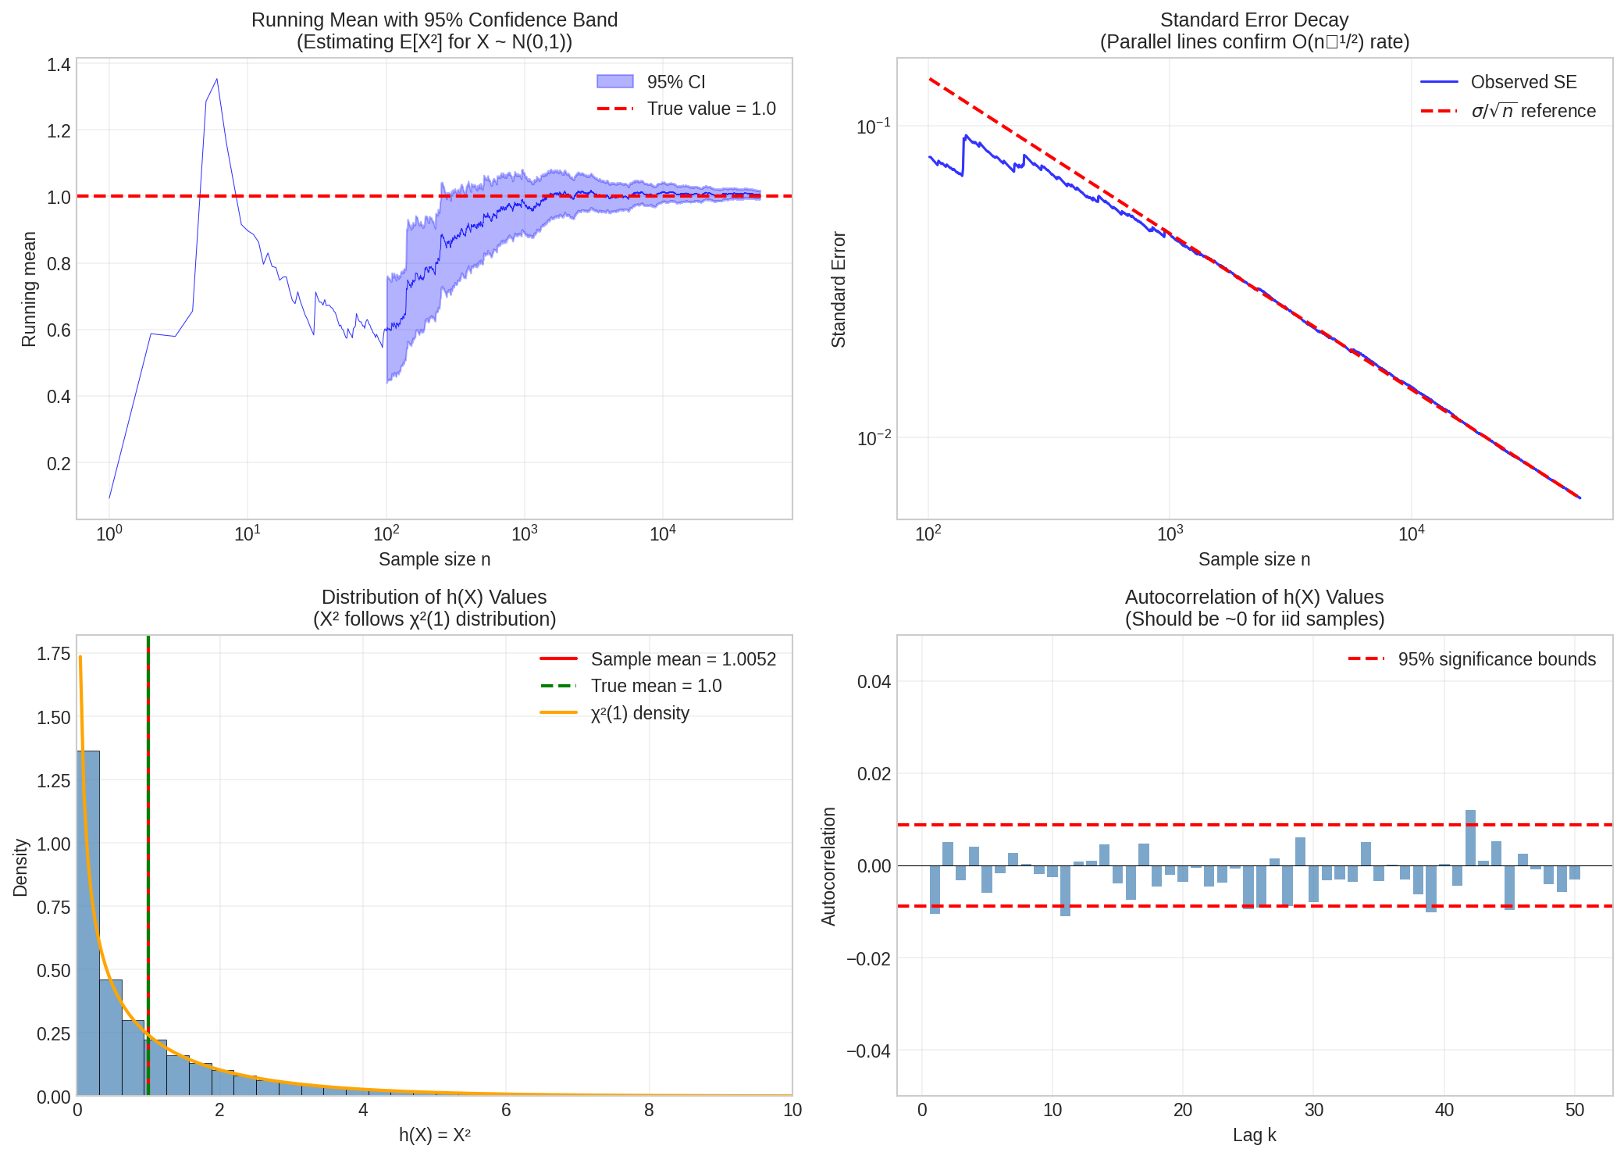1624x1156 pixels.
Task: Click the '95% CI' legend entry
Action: click(675, 82)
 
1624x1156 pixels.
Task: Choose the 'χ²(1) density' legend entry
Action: click(639, 713)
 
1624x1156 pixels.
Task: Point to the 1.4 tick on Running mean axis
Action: click(59, 65)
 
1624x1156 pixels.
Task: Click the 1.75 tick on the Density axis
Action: click(53, 654)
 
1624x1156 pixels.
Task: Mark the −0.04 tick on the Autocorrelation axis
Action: click(868, 1051)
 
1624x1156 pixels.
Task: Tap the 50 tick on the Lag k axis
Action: click(1574, 1110)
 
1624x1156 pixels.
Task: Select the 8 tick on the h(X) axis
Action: click(649, 1110)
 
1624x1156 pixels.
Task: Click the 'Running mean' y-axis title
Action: click(29, 289)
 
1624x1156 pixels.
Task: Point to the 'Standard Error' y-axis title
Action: click(839, 289)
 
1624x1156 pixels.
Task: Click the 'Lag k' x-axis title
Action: click(1254, 1135)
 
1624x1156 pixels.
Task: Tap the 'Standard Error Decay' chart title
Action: click(1254, 20)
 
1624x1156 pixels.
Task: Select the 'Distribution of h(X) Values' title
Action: click(434, 598)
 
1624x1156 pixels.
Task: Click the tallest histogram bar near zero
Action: click(88, 922)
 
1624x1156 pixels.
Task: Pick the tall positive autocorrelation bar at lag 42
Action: click(1470, 838)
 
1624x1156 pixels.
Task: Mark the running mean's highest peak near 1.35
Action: click(217, 79)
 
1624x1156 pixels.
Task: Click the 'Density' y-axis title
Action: click(21, 867)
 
